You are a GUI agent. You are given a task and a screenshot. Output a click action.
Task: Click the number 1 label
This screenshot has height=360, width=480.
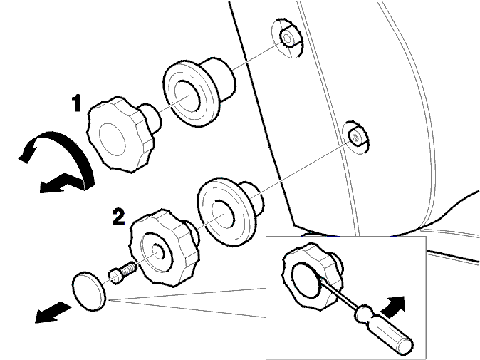coord(76,103)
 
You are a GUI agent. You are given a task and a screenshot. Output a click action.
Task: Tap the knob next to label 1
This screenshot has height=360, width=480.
coord(124,134)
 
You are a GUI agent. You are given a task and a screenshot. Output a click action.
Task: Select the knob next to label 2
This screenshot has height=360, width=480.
coord(165,248)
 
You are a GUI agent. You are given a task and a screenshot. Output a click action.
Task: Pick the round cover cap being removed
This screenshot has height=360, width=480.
coord(89,292)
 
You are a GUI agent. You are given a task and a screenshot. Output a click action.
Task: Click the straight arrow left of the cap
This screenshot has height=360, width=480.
coord(53,312)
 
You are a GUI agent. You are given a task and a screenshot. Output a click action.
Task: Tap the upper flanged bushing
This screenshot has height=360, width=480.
coord(199,92)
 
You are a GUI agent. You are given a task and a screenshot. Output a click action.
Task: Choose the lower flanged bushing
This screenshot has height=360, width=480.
coord(229,212)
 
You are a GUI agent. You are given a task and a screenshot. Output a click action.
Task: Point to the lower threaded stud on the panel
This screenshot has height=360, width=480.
coord(356,138)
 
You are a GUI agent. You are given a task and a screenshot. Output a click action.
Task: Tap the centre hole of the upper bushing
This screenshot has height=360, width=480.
coord(187,96)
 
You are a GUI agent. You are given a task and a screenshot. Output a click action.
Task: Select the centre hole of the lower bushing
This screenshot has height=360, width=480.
coord(223,215)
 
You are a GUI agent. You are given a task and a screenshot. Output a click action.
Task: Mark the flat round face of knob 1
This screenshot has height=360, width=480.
coord(112,140)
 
